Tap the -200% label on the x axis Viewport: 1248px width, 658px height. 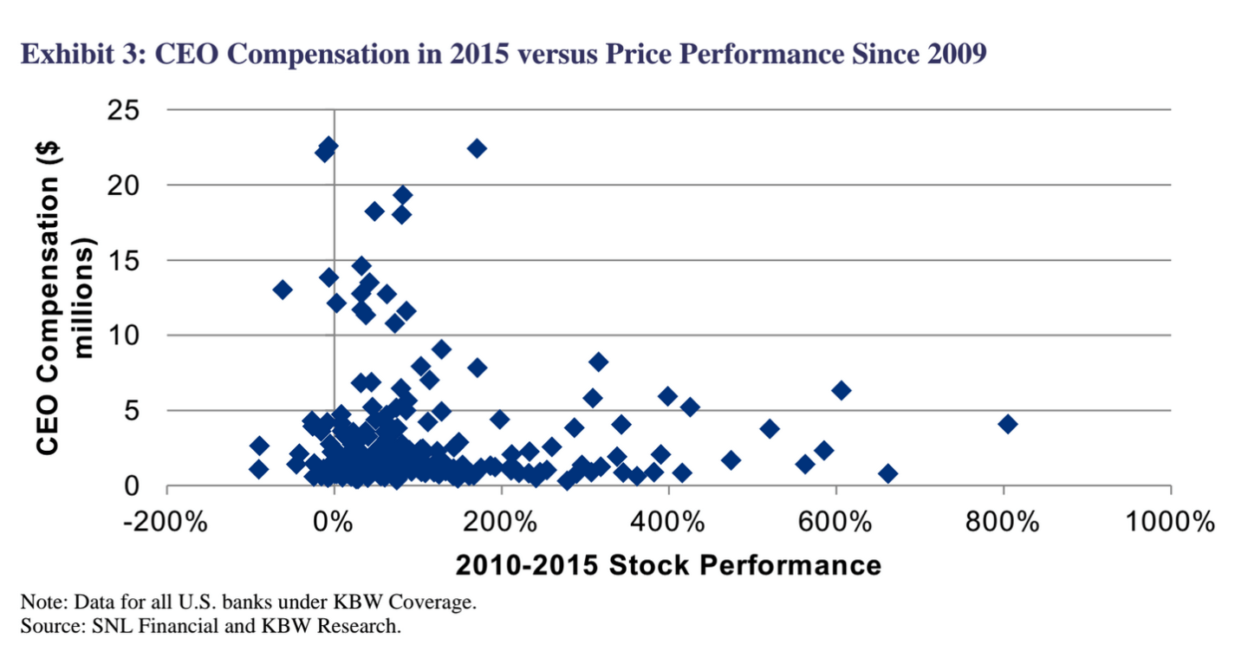[x=166, y=524]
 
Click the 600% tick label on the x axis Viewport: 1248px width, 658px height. [x=836, y=524]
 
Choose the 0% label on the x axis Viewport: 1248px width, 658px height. [x=335, y=524]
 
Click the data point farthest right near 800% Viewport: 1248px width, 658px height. [x=1007, y=424]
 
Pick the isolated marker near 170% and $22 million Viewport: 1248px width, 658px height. [x=477, y=148]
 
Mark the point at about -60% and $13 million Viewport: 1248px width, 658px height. [x=283, y=290]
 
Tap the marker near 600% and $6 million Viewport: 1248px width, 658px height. [x=841, y=390]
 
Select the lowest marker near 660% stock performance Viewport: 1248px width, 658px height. [x=887, y=473]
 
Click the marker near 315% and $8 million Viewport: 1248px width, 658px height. [x=598, y=362]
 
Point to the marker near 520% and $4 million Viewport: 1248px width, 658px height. [x=770, y=428]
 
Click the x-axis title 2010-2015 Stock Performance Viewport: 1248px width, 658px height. [x=668, y=565]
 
